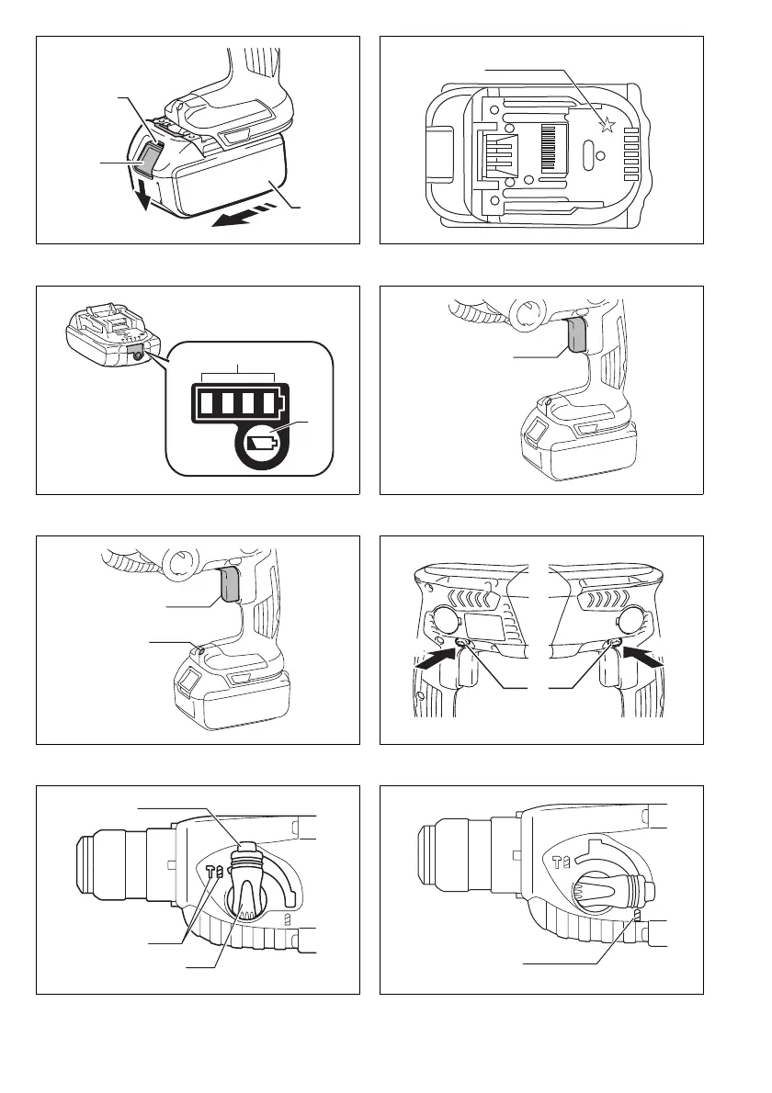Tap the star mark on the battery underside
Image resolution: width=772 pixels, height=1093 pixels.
pyautogui.click(x=606, y=126)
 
